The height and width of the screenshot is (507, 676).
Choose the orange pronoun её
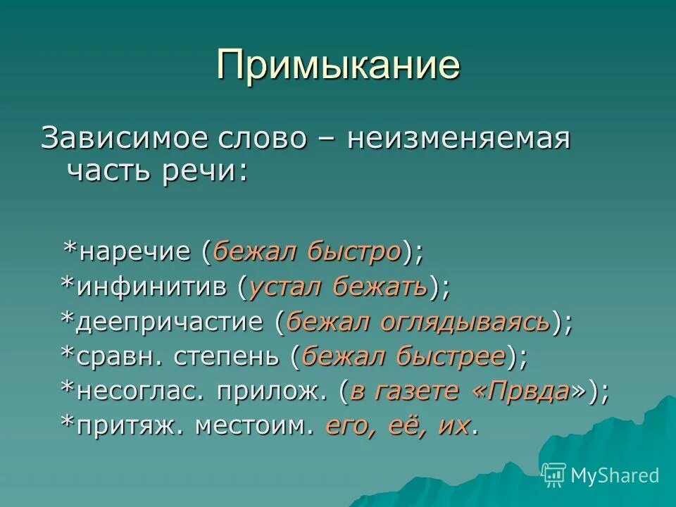point(387,426)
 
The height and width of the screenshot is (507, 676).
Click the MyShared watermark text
point(615,475)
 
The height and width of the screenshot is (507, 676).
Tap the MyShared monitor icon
point(554,475)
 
